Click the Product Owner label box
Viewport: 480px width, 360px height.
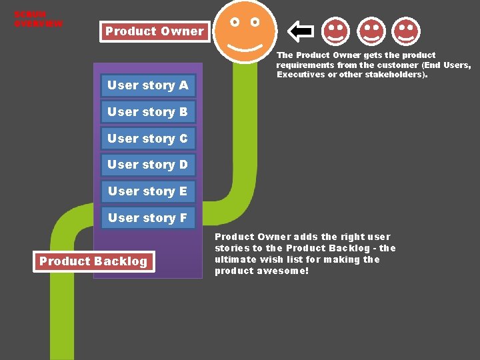pos(154,31)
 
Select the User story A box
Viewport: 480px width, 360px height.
pos(148,85)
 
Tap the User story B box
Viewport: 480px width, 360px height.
pos(148,112)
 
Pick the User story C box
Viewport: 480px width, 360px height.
pos(148,139)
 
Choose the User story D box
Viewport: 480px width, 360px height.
pos(148,165)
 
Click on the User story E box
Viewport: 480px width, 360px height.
pos(148,191)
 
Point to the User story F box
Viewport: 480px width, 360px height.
pos(148,218)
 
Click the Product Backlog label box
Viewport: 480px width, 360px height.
pos(93,261)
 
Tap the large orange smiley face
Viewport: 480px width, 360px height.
pos(245,31)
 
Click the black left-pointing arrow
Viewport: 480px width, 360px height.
pos(301,31)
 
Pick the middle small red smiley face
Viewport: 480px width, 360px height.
pos(371,31)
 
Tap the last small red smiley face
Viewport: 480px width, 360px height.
pos(406,31)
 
